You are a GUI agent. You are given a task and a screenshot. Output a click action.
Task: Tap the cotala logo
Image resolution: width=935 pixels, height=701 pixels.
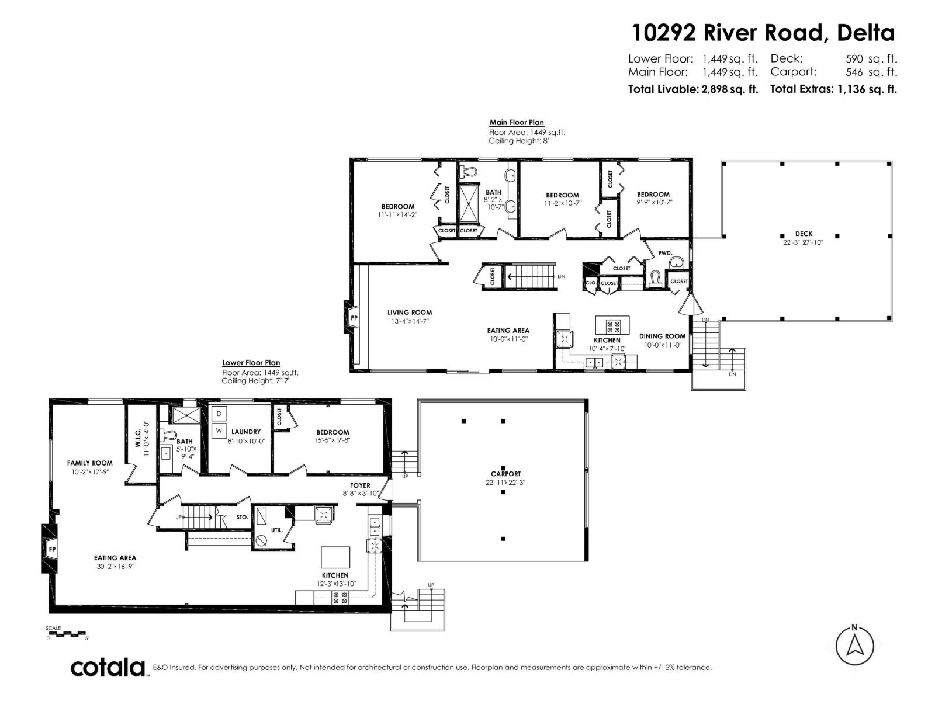pos(108,668)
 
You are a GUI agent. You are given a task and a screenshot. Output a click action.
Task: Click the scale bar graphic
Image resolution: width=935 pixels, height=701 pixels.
pos(67,634)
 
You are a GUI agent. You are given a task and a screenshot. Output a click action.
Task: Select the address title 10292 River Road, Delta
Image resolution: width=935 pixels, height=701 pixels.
pos(763,33)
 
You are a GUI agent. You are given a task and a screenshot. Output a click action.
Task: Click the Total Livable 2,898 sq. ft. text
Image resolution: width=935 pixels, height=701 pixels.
pos(693,89)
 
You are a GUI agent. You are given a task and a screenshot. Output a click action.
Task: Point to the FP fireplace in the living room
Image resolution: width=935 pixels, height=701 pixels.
pos(354,318)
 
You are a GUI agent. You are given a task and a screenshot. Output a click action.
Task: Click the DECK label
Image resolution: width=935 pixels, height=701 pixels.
pos(804,234)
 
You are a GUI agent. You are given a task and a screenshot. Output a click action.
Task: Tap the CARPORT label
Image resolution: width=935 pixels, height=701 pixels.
pos(505,474)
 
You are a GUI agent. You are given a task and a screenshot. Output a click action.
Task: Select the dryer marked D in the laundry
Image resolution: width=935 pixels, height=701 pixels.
pos(219,414)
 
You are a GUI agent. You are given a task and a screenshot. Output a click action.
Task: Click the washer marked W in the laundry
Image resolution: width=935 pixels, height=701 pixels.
pos(219,431)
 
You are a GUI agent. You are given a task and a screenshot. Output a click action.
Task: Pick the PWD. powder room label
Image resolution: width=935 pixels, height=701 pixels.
pos(665,253)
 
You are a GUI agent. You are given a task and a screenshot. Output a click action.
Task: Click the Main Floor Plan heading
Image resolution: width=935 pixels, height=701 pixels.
pos(517,123)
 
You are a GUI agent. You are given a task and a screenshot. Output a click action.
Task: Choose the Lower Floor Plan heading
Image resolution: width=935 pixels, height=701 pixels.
pos(251,363)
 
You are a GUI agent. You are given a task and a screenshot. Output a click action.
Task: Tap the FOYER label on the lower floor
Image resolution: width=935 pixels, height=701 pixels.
pos(360,485)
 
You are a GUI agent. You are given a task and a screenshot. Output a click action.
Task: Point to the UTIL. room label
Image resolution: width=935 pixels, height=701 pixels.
pos(277,530)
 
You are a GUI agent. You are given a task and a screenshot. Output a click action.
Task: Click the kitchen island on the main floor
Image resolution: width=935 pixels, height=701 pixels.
pos(612,325)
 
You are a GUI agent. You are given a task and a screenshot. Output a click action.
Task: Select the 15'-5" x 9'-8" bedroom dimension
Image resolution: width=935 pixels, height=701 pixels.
pos(333,440)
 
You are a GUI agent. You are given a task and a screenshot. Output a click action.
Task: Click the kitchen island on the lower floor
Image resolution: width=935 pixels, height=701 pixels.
pos(335,557)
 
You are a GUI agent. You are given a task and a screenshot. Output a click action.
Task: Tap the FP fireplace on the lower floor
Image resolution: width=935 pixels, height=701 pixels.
pos(51,549)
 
